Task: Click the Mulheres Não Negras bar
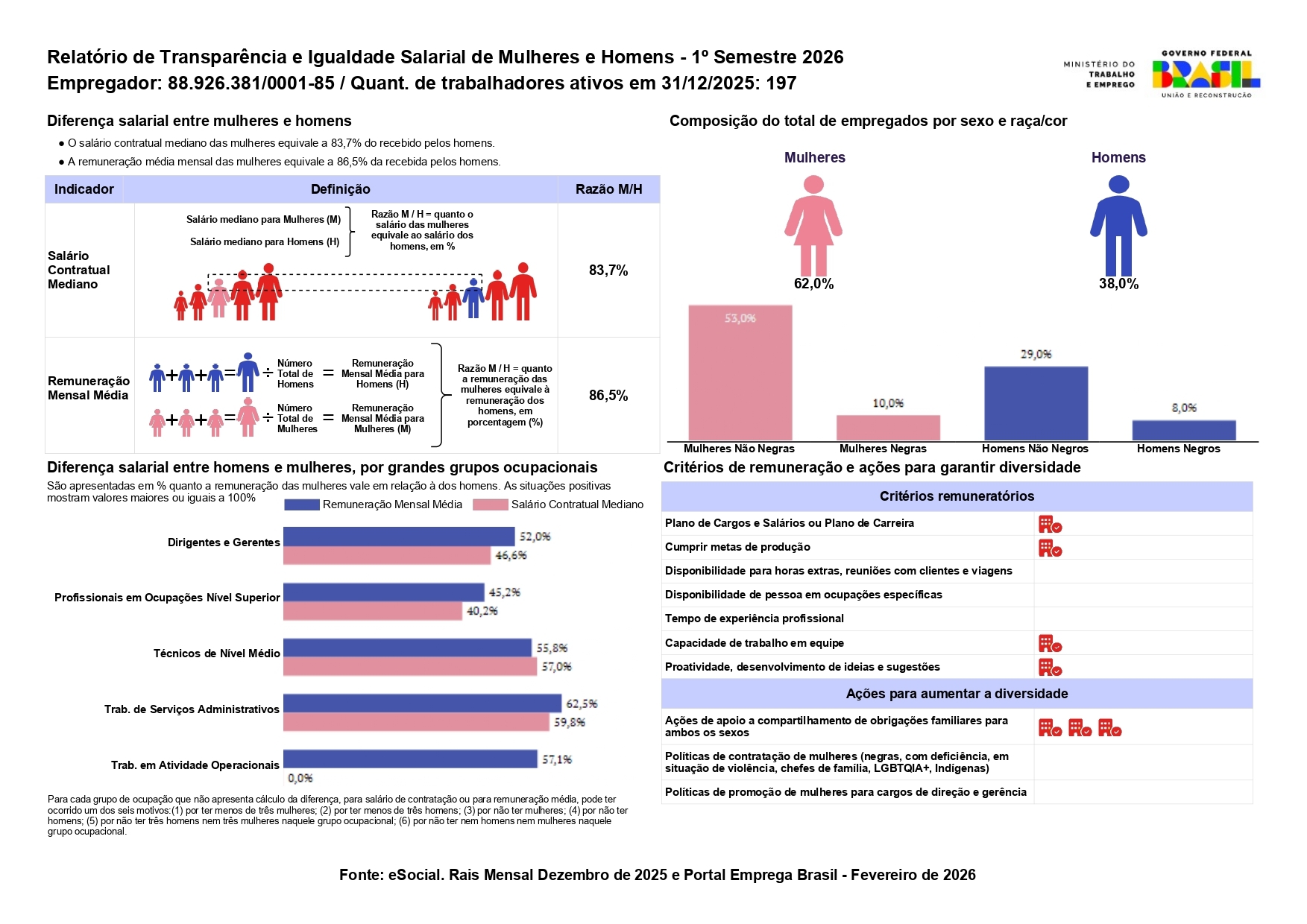[x=740, y=373]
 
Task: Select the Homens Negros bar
[x=1183, y=430]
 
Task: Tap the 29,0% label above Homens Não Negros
[x=1036, y=354]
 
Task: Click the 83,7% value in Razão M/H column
[x=608, y=270]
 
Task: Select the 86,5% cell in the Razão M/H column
[x=608, y=395]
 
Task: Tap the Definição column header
[x=340, y=189]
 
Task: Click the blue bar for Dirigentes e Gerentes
[x=399, y=537]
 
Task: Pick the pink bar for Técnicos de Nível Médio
[x=409, y=666]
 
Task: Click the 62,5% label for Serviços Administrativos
[x=582, y=703]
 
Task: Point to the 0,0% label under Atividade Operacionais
[x=300, y=778]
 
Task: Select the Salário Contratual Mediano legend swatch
[x=491, y=504]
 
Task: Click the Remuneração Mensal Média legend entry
[x=391, y=504]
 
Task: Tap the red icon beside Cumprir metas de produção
[x=1050, y=548]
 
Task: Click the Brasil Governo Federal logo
[x=1206, y=74]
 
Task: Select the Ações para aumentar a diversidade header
[x=957, y=694]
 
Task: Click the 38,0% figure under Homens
[x=1118, y=284]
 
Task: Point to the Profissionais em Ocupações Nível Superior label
[x=167, y=598]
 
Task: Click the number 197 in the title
[x=781, y=83]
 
